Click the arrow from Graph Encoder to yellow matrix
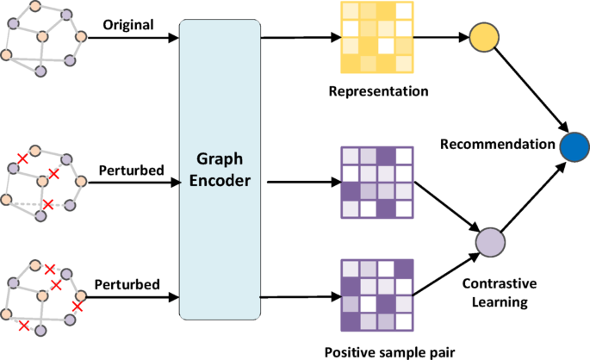[x=297, y=38]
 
